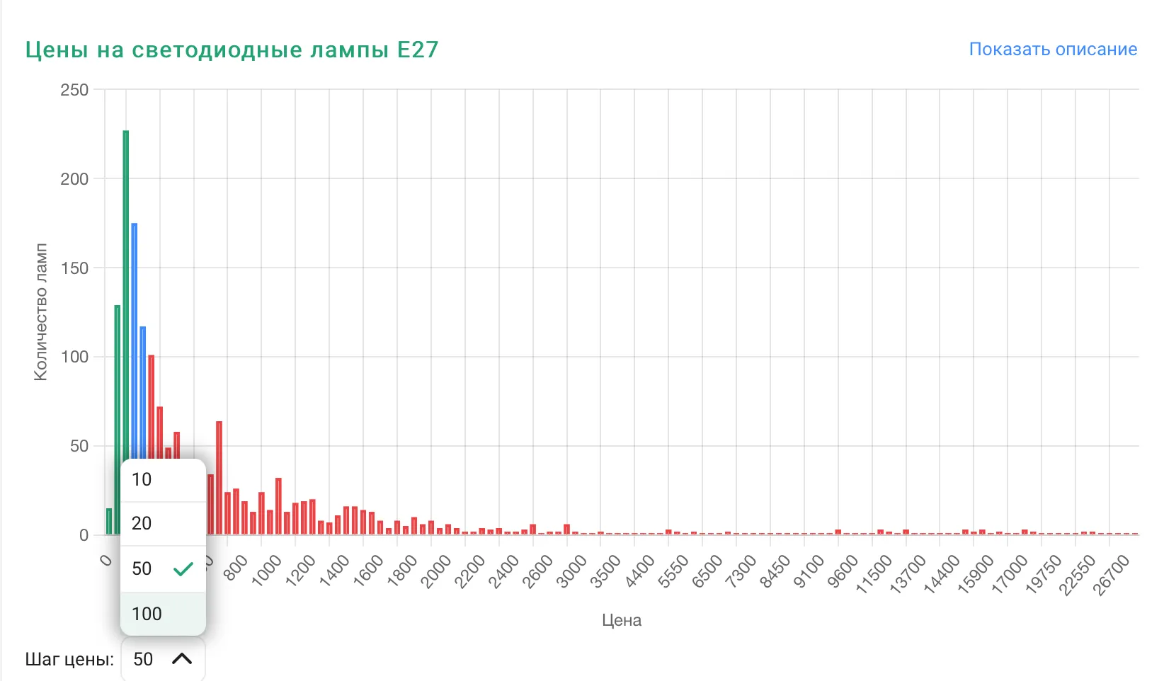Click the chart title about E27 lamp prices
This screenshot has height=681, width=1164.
(x=232, y=50)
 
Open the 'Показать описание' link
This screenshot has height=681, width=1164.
(x=1052, y=50)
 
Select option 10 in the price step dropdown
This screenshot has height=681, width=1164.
(x=142, y=480)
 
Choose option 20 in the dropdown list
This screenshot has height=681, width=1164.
(x=142, y=524)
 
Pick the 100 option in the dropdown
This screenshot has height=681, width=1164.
(x=147, y=614)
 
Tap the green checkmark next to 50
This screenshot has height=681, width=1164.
(x=183, y=568)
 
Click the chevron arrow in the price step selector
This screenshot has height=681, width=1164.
(x=182, y=659)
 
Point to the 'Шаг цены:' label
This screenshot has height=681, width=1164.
(x=69, y=660)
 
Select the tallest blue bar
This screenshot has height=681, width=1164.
(x=135, y=340)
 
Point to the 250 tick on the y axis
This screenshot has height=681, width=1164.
(x=74, y=90)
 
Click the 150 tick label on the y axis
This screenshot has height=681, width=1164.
(x=74, y=268)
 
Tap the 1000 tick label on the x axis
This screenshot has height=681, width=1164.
(x=268, y=570)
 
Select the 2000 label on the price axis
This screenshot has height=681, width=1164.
(x=437, y=571)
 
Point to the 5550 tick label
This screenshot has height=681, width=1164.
(x=673, y=571)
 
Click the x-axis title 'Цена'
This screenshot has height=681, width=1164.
(x=622, y=620)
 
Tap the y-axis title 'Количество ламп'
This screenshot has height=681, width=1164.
(x=41, y=312)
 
